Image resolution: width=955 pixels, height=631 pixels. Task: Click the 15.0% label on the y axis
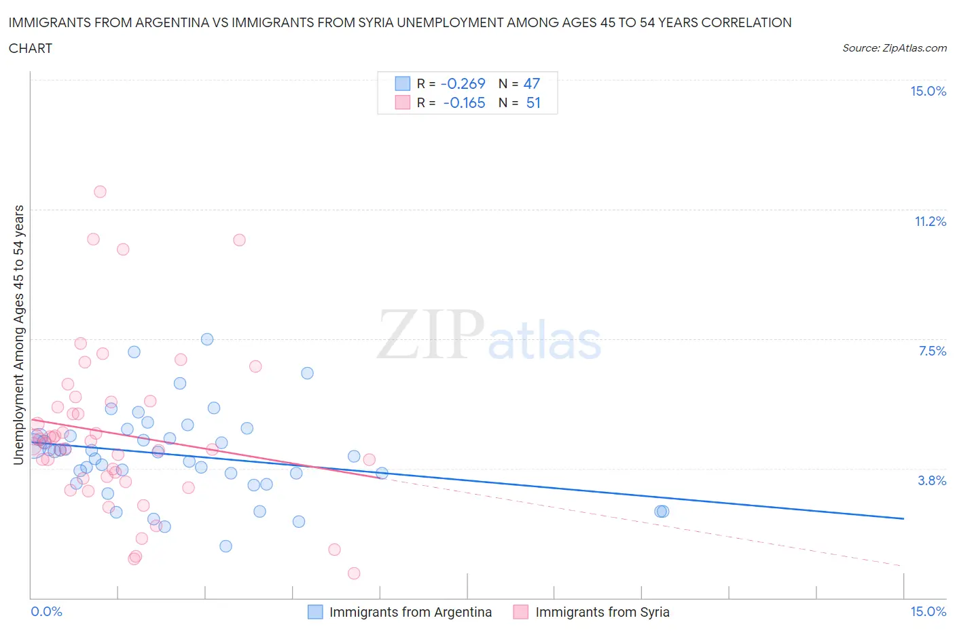(928, 92)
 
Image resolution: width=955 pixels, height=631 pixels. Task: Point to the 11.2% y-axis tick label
(930, 221)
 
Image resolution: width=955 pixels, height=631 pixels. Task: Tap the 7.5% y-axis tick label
(932, 351)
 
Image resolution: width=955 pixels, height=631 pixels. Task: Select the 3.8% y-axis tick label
(932, 480)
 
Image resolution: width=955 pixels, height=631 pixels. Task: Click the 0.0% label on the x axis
(46, 611)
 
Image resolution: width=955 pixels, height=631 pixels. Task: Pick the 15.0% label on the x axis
(928, 611)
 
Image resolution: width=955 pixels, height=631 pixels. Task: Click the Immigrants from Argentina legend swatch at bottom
(315, 612)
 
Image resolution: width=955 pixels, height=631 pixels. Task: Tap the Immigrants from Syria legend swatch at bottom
(521, 612)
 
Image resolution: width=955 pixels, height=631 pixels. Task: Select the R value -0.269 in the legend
(463, 83)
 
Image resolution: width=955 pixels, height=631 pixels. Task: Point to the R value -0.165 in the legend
(464, 102)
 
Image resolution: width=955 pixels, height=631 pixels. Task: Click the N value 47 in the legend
(531, 83)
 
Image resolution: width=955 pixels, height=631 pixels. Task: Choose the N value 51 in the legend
(533, 102)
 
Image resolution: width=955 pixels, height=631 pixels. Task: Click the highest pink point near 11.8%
(100, 191)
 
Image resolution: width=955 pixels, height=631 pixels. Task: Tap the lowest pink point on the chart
(354, 573)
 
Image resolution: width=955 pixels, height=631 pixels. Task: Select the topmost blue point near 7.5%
(207, 339)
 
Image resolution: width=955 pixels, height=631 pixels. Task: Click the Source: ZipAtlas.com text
(894, 48)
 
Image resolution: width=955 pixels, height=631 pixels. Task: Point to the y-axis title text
(19, 334)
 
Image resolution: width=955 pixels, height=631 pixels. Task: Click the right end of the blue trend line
(903, 518)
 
